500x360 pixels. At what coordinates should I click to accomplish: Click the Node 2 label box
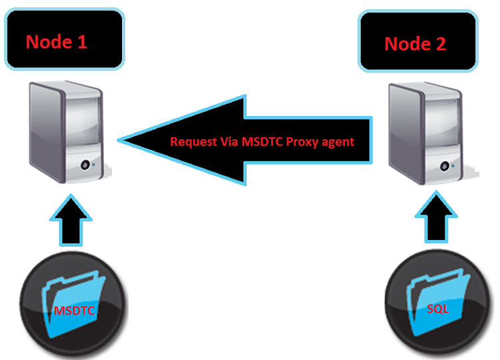pos(418,41)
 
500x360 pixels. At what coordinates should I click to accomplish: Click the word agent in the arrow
pos(339,141)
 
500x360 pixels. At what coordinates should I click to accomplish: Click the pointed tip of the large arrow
pos(121,140)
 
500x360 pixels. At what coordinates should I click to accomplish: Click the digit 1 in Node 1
pos(82,42)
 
